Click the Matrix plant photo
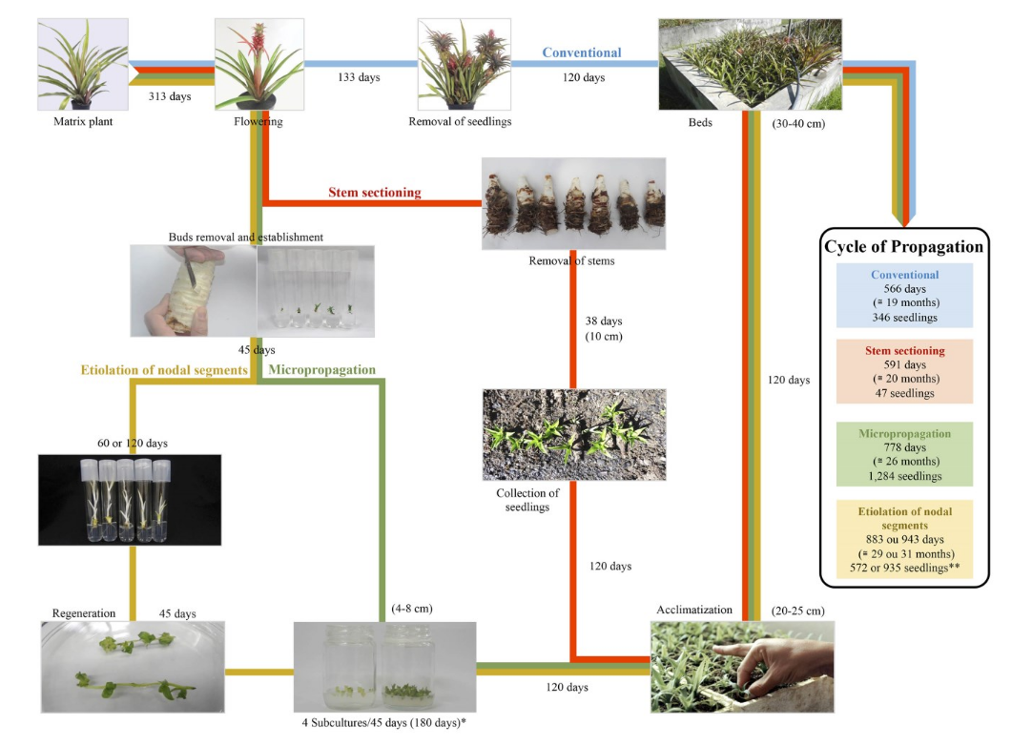(x=82, y=65)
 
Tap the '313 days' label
(x=168, y=96)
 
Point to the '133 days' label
(x=359, y=77)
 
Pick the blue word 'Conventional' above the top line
(x=582, y=53)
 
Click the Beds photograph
(x=750, y=64)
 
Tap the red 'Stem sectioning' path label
(x=374, y=193)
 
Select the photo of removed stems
(x=573, y=203)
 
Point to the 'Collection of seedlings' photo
(x=573, y=433)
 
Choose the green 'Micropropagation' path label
(x=323, y=369)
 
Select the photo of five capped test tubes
(x=130, y=499)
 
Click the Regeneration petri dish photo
(x=133, y=666)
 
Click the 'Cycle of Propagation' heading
(x=903, y=247)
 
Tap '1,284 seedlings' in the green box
(x=903, y=476)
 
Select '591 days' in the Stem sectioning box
(x=903, y=363)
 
